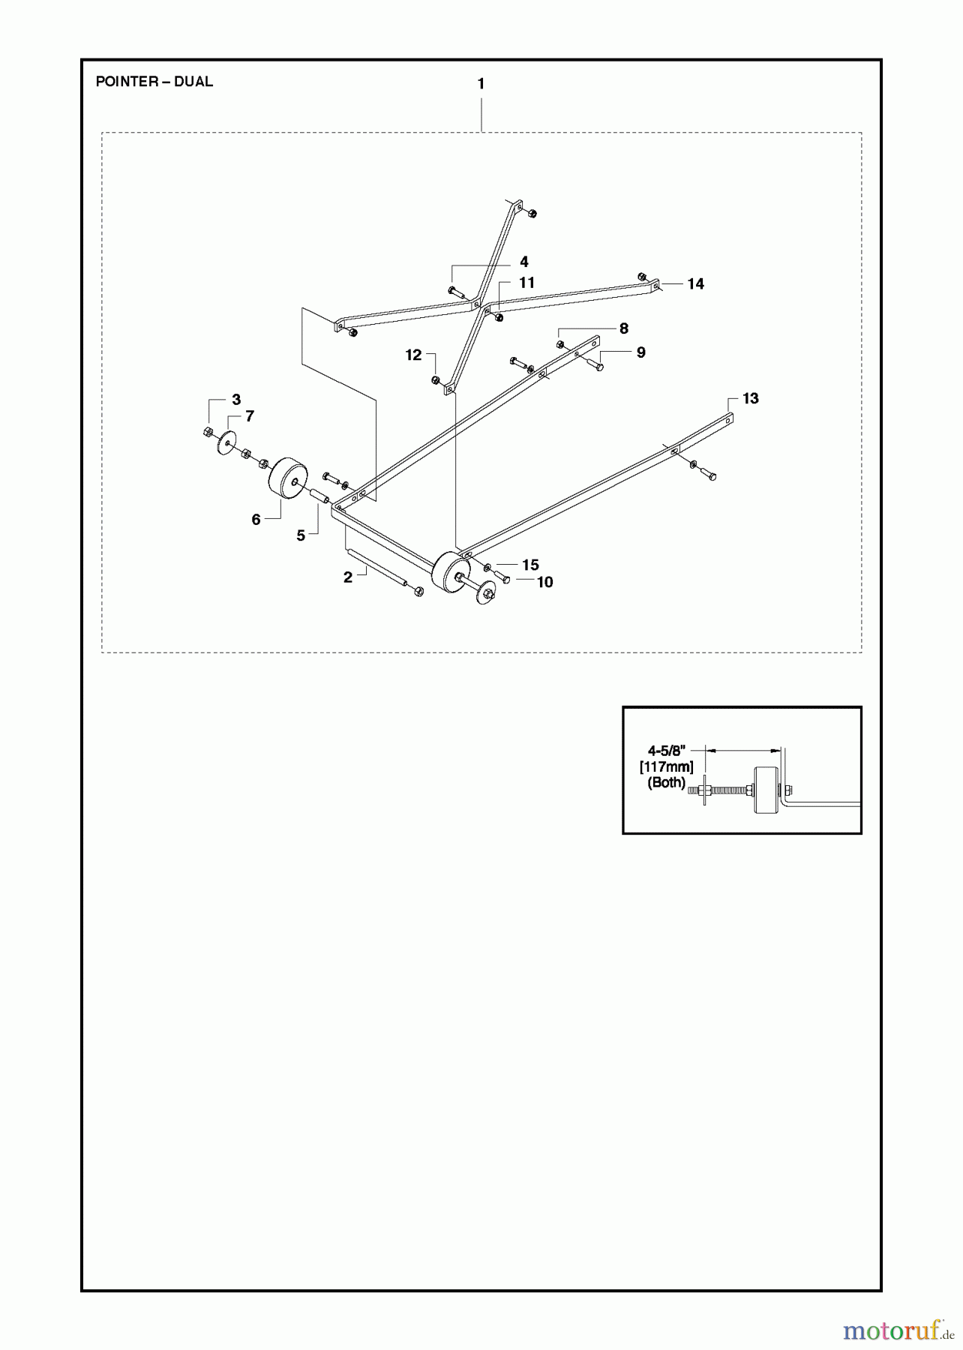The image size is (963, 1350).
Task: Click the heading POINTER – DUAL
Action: coord(154,82)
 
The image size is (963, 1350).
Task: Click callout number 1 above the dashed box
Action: coord(481,84)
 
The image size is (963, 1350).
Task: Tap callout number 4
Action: coord(524,262)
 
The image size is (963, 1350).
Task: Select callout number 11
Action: coord(526,283)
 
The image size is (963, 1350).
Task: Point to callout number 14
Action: coord(695,283)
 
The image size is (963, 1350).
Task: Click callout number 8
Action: coord(623,328)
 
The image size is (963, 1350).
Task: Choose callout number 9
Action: coord(640,352)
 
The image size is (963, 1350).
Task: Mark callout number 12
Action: coord(413,355)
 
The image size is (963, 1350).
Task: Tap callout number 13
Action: coord(750,398)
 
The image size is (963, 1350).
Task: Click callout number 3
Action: coord(235,400)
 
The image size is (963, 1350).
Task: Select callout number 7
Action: coord(250,416)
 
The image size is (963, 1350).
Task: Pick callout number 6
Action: coord(256,520)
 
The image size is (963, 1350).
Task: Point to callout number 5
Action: coord(301,535)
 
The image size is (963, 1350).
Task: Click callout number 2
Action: coord(347,577)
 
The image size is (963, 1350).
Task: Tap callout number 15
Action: coord(530,565)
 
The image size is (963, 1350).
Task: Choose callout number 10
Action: coord(544,582)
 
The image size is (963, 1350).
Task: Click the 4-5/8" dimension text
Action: coord(667,750)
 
